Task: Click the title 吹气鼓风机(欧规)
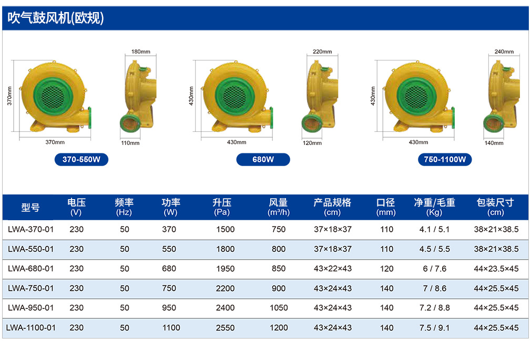56,18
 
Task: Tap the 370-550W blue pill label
81,160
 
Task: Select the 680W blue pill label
263,160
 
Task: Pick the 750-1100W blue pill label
445,160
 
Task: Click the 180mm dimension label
141,52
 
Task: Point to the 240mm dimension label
504,52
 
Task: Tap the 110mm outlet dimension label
130,143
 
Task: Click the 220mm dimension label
322,52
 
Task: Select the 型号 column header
30,207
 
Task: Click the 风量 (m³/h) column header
279,207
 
